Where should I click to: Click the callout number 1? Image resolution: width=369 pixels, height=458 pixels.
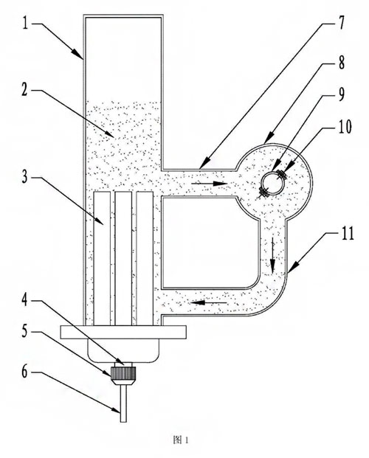tap(26, 23)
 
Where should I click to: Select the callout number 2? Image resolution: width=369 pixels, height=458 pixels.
tap(24, 91)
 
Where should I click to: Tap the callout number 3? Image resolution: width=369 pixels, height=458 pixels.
tap(25, 176)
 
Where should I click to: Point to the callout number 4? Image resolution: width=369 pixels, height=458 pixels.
tap(25, 299)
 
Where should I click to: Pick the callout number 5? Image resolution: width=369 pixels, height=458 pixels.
tap(25, 331)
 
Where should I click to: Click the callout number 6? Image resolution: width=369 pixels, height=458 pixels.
tap(25, 372)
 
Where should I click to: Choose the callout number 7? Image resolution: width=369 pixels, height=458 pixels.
tap(341, 23)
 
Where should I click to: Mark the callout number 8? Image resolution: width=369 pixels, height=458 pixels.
tap(341, 63)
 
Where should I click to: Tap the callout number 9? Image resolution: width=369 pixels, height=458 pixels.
tap(341, 94)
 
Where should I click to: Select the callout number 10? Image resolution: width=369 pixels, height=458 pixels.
tap(345, 127)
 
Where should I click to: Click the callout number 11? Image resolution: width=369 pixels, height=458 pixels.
tap(348, 233)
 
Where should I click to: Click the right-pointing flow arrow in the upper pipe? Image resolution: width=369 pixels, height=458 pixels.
tap(210, 184)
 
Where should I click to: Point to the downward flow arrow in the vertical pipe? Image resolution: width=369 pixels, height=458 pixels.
tap(273, 255)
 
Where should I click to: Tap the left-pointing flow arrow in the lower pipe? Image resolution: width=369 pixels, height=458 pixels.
tap(209, 302)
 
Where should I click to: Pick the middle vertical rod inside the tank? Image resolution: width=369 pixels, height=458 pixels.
tap(123, 259)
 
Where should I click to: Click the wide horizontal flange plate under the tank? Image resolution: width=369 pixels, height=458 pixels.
tap(123, 333)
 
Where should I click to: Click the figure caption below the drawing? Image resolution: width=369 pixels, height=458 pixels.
tap(181, 440)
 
